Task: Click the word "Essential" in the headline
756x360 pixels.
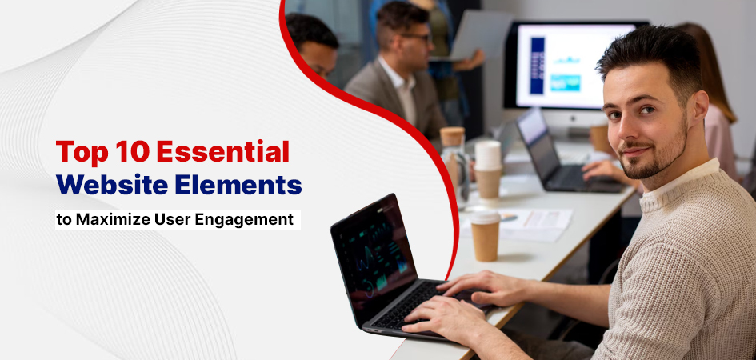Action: [222, 152]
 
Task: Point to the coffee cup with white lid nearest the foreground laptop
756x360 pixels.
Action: [485, 235]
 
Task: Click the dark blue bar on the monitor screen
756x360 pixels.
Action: [537, 65]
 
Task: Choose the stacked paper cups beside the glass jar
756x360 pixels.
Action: [488, 170]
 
